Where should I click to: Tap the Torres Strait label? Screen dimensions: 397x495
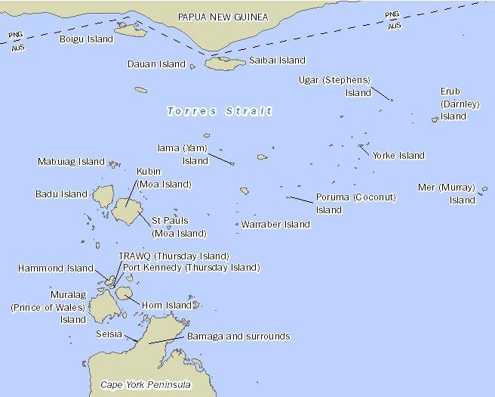[220, 111]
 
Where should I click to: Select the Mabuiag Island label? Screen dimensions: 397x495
[71, 162]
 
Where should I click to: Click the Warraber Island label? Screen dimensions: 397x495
[275, 225]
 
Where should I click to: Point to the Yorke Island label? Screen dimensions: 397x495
[399, 156]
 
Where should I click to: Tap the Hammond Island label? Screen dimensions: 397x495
[56, 268]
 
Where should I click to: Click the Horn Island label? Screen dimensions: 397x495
[167, 306]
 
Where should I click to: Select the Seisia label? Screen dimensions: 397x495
[110, 333]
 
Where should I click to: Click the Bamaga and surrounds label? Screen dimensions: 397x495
[238, 337]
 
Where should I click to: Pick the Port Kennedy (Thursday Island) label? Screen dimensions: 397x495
[191, 268]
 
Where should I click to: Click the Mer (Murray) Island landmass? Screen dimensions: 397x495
[484, 189]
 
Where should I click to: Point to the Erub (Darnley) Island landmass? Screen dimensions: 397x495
[435, 119]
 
